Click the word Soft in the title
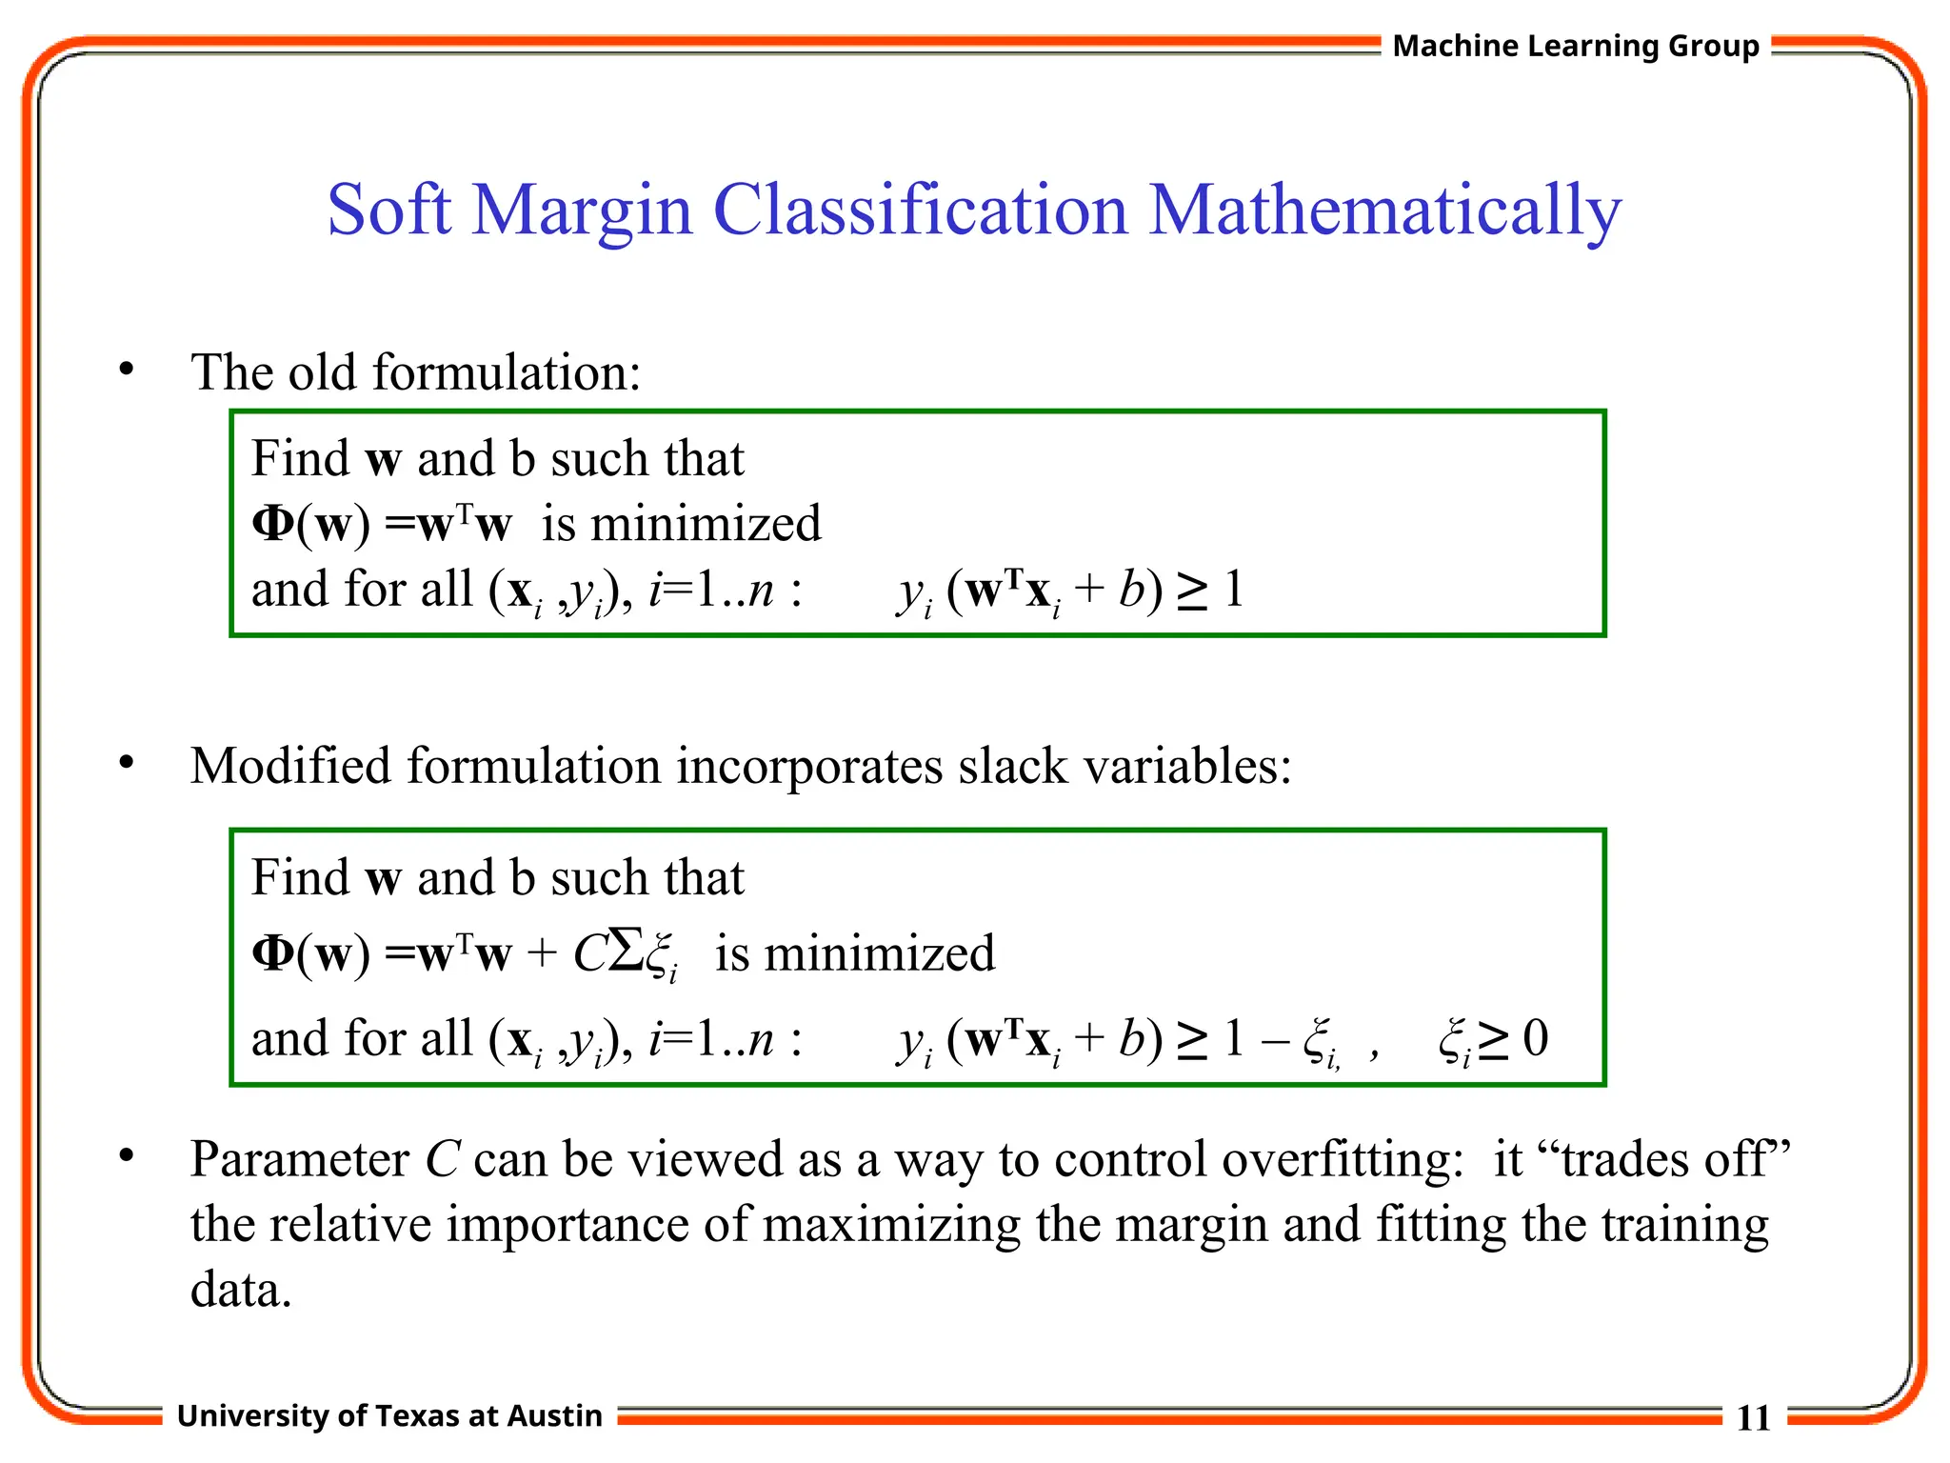click(x=388, y=210)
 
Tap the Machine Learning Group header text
click(x=1576, y=46)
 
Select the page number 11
click(x=1753, y=1418)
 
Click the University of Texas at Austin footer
click(x=389, y=1415)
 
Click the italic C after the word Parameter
click(x=443, y=1160)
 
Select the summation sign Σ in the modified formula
click(x=627, y=950)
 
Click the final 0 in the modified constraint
click(x=1535, y=1037)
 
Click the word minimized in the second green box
click(x=879, y=953)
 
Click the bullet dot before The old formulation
click(x=127, y=370)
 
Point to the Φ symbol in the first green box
click(x=273, y=523)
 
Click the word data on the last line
click(x=240, y=1290)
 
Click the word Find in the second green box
click(x=300, y=877)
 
